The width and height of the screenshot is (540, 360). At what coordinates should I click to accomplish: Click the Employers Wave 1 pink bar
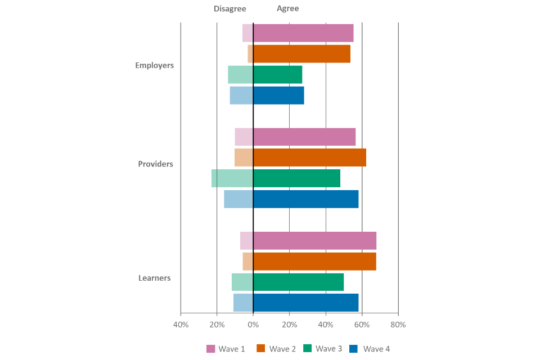[x=298, y=33]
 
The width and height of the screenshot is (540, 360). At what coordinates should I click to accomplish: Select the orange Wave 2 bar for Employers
[x=299, y=54]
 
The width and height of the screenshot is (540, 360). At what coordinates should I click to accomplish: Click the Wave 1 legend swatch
[x=211, y=349]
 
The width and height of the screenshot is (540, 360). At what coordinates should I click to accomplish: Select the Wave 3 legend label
[x=328, y=349]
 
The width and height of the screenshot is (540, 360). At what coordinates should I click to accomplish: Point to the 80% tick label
[x=398, y=325]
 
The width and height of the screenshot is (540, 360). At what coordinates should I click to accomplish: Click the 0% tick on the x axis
[x=253, y=325]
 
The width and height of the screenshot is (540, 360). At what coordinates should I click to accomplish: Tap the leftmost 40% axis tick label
[x=181, y=325]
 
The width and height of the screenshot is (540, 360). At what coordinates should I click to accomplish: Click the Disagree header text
[x=229, y=9]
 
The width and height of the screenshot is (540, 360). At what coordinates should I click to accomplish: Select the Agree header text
[x=288, y=9]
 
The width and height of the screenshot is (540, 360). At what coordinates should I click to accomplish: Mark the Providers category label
[x=156, y=164]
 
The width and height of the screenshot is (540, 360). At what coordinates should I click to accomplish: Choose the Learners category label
[x=155, y=278]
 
